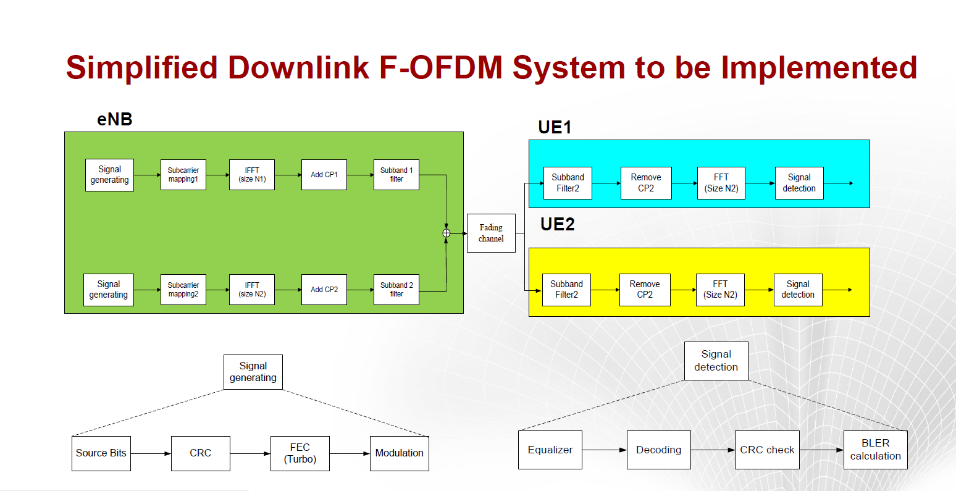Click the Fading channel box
(x=491, y=233)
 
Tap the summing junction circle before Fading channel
(x=446, y=233)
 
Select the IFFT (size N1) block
(x=252, y=175)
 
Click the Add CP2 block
(x=324, y=290)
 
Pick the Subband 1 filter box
(x=396, y=175)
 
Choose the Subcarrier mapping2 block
(x=183, y=290)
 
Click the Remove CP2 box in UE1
(x=646, y=183)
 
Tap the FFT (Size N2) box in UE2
(x=720, y=290)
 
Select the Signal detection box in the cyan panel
(x=799, y=183)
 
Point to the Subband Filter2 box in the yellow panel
(x=566, y=290)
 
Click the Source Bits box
(x=101, y=453)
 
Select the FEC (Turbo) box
(x=300, y=453)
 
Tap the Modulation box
(x=400, y=453)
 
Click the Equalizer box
(x=550, y=450)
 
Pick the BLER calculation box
(x=876, y=450)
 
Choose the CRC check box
(x=767, y=450)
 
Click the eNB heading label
(x=115, y=119)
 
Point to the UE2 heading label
(x=558, y=224)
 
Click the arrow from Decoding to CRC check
(x=713, y=450)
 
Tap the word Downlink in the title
(x=298, y=67)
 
